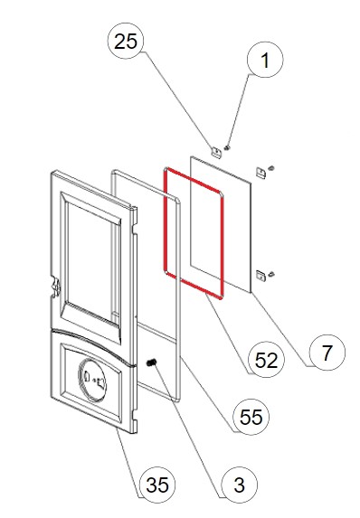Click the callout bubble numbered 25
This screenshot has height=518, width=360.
pyautogui.click(x=126, y=41)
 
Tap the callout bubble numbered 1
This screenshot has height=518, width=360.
pyautogui.click(x=265, y=60)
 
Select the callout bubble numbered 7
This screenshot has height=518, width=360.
pyautogui.click(x=327, y=353)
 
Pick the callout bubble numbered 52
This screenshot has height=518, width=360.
pyautogui.click(x=266, y=360)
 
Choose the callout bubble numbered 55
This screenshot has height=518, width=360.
pyautogui.click(x=251, y=417)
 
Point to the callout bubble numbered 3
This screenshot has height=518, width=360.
pyautogui.click(x=239, y=485)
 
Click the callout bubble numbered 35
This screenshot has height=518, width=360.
pyautogui.click(x=157, y=485)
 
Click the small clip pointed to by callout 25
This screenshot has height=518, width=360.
pyautogui.click(x=216, y=152)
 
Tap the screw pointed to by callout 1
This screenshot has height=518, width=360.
pyautogui.click(x=227, y=147)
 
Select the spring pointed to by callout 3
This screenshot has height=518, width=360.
pyautogui.click(x=151, y=363)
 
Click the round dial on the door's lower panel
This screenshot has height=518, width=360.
pyautogui.click(x=92, y=380)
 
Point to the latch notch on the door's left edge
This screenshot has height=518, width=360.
pyautogui.click(x=56, y=287)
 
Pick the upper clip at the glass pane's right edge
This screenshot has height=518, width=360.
pyautogui.click(x=261, y=173)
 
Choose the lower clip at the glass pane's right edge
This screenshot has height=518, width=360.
pyautogui.click(x=261, y=276)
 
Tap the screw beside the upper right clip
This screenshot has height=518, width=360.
pyautogui.click(x=272, y=168)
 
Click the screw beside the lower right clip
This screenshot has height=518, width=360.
pyautogui.click(x=272, y=274)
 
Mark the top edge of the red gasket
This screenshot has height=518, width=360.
pyautogui.click(x=194, y=180)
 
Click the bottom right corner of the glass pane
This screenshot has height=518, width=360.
pyautogui.click(x=251, y=292)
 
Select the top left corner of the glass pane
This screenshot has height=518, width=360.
pyautogui.click(x=191, y=156)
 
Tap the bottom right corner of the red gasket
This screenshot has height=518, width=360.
pyautogui.click(x=222, y=297)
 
